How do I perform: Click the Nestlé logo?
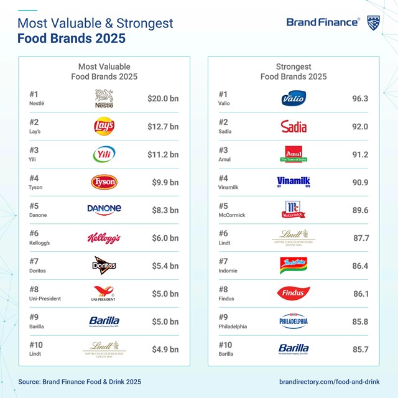tap(104, 99)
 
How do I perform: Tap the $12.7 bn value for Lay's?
tap(163, 127)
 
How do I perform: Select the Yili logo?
tap(104, 154)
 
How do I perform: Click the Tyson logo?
tap(104, 182)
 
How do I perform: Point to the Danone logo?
tap(104, 209)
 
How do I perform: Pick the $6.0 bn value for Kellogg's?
tap(165, 238)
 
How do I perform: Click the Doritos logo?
tap(104, 266)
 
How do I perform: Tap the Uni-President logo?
tap(104, 294)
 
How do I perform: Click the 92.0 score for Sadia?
tap(360, 127)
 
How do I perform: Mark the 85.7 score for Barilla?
tap(360, 349)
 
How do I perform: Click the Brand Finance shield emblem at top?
tap(374, 22)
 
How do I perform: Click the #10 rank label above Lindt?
tap(37, 345)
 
